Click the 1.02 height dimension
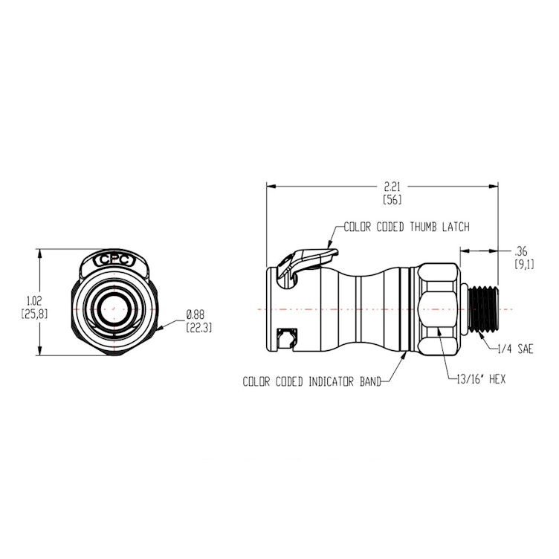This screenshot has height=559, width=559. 33,300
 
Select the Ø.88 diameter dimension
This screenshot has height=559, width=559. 196,314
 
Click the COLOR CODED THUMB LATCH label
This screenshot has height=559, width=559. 406,227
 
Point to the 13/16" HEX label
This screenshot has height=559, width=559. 482,378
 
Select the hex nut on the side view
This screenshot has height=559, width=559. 437,308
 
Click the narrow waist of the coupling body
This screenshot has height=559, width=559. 360,308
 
